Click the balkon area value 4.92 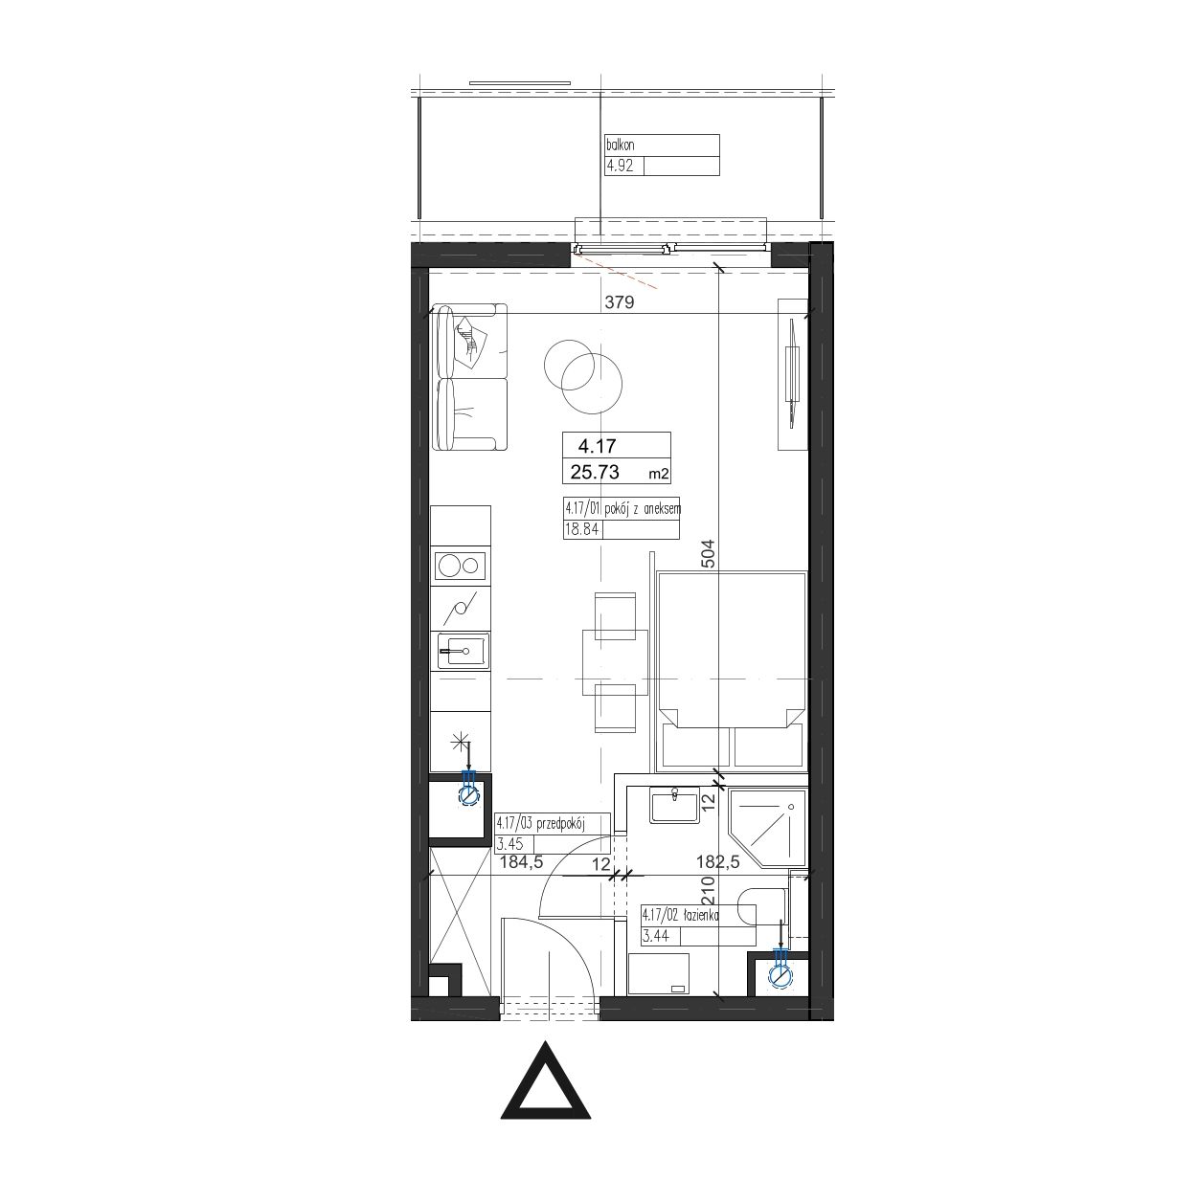[620, 167]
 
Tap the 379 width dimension [619, 302]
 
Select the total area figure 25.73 [595, 472]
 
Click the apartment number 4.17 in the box [597, 446]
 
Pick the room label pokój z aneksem [642, 508]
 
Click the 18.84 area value [581, 529]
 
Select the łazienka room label [701, 916]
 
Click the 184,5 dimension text [522, 862]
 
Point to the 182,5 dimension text [718, 862]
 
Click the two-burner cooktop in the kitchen [461, 567]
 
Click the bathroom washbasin [674, 805]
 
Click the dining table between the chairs [615, 662]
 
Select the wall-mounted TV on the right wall [792, 373]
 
